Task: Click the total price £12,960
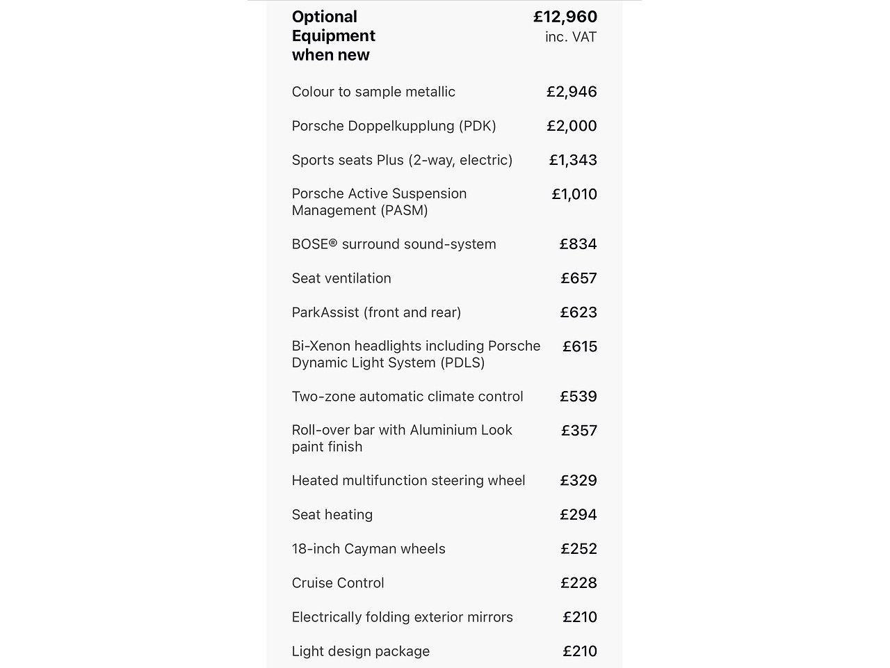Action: click(565, 17)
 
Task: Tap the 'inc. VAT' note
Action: click(571, 37)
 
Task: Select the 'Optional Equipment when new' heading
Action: click(334, 35)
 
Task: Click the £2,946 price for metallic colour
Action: click(572, 92)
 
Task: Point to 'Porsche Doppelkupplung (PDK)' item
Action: click(394, 126)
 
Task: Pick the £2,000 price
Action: click(572, 126)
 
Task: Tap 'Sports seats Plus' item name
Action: click(402, 160)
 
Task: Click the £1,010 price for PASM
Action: click(574, 194)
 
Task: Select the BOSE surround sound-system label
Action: click(394, 244)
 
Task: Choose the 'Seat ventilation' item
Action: click(341, 278)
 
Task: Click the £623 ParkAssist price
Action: click(578, 312)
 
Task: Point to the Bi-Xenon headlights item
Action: click(416, 354)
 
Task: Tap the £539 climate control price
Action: click(578, 397)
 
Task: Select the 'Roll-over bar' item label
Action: click(402, 438)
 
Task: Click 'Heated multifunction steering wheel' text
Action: click(408, 481)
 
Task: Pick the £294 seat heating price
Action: click(578, 515)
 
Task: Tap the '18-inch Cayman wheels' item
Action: click(369, 549)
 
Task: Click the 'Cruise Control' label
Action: click(338, 583)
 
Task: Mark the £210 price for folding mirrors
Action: click(580, 617)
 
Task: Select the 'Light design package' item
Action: click(361, 651)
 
